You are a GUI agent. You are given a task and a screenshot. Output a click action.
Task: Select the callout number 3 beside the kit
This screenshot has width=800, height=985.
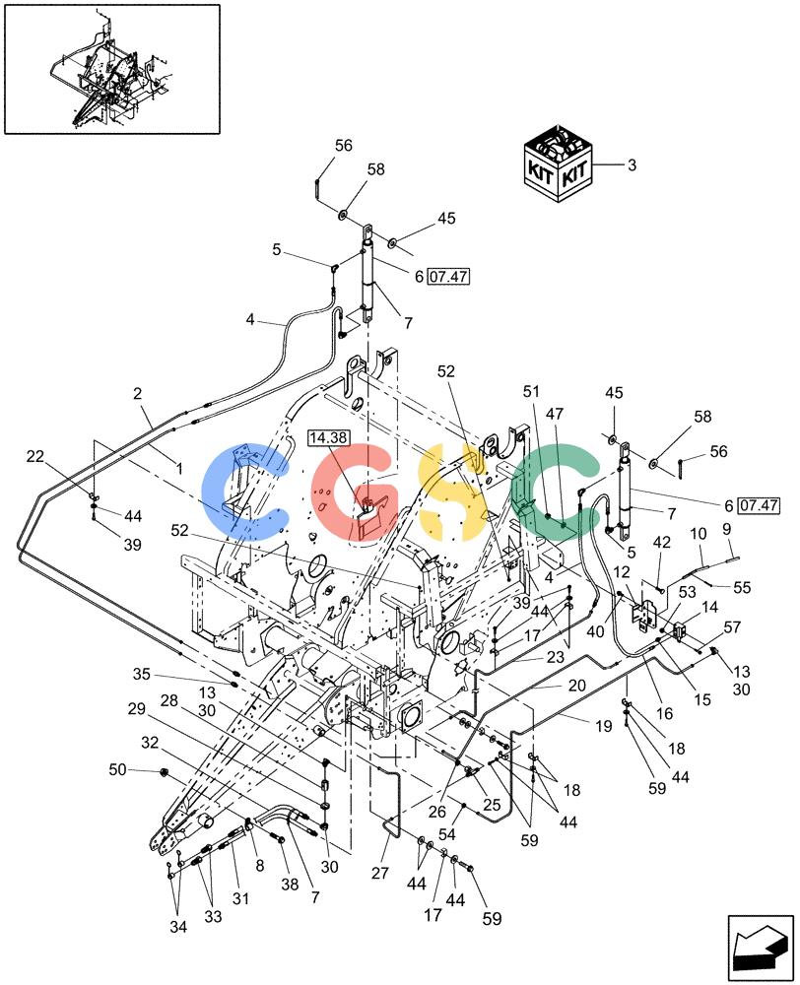click(x=632, y=165)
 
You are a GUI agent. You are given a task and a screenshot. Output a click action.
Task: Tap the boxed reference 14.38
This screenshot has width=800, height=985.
click(x=329, y=438)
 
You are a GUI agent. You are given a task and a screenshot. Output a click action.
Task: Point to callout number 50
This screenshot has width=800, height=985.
click(x=117, y=769)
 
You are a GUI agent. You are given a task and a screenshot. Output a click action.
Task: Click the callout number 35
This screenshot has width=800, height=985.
click(x=142, y=674)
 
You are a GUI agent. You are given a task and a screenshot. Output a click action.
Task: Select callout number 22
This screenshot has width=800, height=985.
click(x=35, y=456)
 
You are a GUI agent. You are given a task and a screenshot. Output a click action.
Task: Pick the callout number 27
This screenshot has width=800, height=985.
click(x=380, y=873)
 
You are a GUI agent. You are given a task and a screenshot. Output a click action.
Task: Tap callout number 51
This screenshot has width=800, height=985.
click(x=532, y=391)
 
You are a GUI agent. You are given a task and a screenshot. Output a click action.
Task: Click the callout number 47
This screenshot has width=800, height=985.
click(x=555, y=414)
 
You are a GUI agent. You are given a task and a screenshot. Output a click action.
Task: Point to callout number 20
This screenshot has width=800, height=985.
click(x=577, y=686)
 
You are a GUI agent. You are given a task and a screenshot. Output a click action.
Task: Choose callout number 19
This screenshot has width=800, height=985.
click(x=603, y=726)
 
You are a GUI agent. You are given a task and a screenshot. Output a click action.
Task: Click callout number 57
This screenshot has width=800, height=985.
click(x=732, y=626)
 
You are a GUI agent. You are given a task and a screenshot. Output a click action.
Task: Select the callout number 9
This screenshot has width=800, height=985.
click(x=727, y=529)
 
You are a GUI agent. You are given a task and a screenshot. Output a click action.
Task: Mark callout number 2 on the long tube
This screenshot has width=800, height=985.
click(x=138, y=394)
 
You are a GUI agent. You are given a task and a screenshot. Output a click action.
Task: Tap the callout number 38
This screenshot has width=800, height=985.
click(x=290, y=884)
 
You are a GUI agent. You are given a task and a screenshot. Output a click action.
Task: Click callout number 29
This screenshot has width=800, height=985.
click(x=136, y=709)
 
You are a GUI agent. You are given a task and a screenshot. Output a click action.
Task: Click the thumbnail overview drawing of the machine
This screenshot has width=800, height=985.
click(x=112, y=69)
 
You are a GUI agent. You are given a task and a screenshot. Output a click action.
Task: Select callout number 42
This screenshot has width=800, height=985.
click(x=662, y=542)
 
